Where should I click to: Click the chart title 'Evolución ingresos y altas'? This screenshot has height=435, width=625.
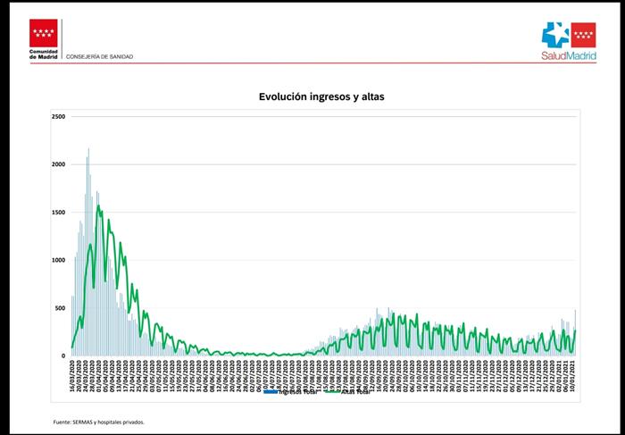(x=321, y=96)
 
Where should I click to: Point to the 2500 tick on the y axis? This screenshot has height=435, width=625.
(x=59, y=117)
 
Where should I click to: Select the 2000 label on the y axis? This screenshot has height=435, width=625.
(x=59, y=164)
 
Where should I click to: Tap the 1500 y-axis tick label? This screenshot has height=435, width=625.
(x=59, y=213)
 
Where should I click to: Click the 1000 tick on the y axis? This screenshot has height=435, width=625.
(x=59, y=261)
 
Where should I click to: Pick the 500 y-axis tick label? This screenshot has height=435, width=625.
(x=61, y=308)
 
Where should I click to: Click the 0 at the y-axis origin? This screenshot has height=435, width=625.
(x=63, y=356)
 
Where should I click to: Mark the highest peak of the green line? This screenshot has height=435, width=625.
(x=99, y=208)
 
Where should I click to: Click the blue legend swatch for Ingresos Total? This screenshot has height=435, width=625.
(x=271, y=391)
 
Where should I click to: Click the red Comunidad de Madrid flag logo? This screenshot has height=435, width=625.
(x=44, y=35)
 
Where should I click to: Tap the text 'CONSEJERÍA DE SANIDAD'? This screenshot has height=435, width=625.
(x=100, y=56)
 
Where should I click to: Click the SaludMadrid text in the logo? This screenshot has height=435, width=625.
(x=569, y=54)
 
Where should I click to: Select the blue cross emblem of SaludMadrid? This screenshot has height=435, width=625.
(x=555, y=33)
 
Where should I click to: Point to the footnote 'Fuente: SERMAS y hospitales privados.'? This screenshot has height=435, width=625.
(x=98, y=422)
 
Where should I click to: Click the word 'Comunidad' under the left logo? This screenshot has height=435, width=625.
(x=44, y=52)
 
